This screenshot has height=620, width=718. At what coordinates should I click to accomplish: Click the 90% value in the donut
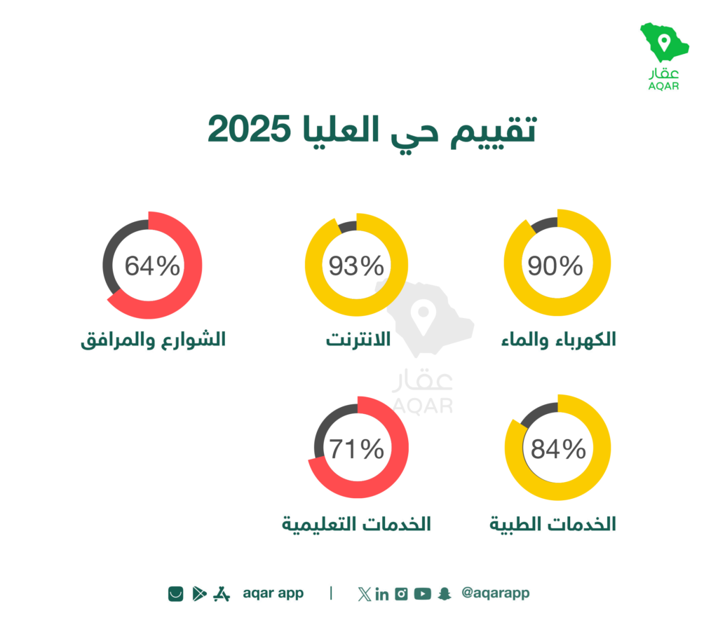pyautogui.click(x=555, y=266)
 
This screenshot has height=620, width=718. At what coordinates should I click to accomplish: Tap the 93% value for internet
pyautogui.click(x=356, y=266)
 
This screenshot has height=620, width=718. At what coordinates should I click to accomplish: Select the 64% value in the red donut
pyautogui.click(x=152, y=266)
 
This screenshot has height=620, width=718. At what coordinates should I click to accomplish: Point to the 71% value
pyautogui.click(x=356, y=448)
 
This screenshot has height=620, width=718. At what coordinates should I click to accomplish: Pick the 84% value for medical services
pyautogui.click(x=558, y=448)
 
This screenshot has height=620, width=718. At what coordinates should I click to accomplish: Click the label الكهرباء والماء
pyautogui.click(x=558, y=340)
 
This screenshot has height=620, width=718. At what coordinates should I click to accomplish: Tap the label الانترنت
pyautogui.click(x=358, y=339)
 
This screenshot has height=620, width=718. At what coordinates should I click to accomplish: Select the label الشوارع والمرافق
pyautogui.click(x=153, y=340)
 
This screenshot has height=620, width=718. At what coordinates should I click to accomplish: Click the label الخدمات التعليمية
pyautogui.click(x=356, y=524)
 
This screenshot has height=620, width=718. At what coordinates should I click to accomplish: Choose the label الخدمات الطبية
pyautogui.click(x=553, y=524)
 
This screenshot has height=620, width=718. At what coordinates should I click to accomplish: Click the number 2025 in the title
pyautogui.click(x=249, y=129)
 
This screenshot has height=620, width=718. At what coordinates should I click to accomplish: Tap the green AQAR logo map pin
pyautogui.click(x=664, y=43)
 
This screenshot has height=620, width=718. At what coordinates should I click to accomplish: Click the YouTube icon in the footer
pyautogui.click(x=423, y=593)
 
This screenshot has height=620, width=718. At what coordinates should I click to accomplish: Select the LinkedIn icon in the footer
pyautogui.click(x=382, y=594)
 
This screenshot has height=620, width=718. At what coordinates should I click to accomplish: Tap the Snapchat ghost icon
pyautogui.click(x=445, y=593)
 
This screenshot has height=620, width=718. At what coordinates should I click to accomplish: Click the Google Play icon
pyautogui.click(x=199, y=593)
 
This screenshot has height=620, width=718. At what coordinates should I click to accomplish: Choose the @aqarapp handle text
pyautogui.click(x=496, y=593)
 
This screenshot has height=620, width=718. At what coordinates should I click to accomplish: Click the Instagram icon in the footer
pyautogui.click(x=401, y=593)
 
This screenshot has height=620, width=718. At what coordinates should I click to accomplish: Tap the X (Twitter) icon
pyautogui.click(x=365, y=594)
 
